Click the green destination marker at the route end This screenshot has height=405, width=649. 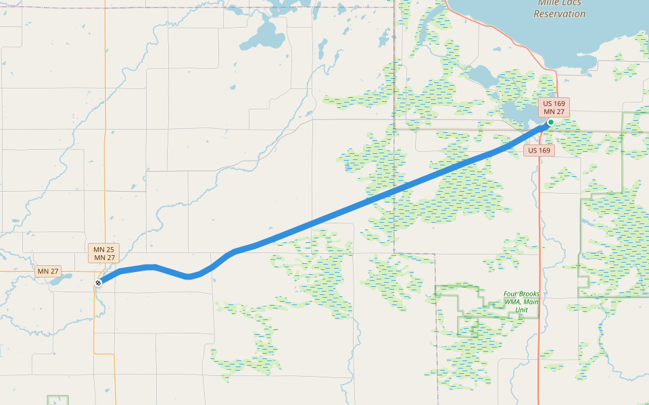[x=551, y=122]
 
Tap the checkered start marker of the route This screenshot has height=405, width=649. [x=99, y=283]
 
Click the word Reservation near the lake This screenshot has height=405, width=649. [x=560, y=13]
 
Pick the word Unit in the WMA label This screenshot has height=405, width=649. [x=521, y=310]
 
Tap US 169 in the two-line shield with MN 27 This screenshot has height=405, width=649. [x=554, y=103]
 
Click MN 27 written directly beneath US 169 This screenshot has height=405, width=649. [x=554, y=111]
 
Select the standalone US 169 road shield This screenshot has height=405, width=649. [x=539, y=151]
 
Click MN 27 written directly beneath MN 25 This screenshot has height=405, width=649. [x=104, y=258]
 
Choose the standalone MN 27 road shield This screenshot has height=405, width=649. [x=48, y=271]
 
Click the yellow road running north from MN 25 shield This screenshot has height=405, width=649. [x=105, y=135]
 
